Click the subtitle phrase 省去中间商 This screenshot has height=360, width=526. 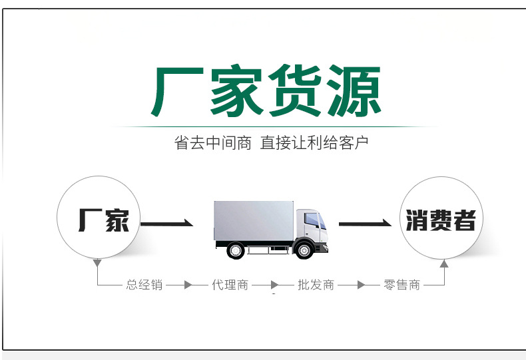click(213, 143)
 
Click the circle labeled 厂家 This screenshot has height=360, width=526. click(99, 218)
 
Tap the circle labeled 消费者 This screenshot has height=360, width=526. click(441, 218)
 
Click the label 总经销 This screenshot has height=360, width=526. click(144, 285)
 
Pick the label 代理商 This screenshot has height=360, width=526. click(230, 285)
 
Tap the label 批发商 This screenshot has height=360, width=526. click(316, 285)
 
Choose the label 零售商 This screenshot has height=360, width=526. click(402, 285)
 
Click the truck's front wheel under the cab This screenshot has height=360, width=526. click(304, 250)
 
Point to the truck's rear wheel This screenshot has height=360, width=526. click(236, 250)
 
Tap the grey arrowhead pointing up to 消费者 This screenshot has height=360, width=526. click(444, 264)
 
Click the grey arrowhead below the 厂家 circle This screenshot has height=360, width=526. click(98, 264)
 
